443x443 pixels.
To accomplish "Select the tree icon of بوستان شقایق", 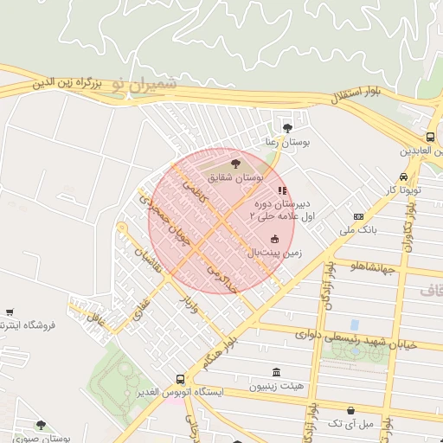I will [234, 162].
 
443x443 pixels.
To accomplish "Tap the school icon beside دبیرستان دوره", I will [279, 189].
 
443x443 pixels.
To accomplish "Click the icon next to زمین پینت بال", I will [275, 239].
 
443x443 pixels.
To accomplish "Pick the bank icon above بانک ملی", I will [358, 215].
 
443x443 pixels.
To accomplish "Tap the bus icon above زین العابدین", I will [430, 137].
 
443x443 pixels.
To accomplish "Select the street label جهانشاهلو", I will [372, 267].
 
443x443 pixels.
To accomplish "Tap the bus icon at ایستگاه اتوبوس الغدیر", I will [180, 379].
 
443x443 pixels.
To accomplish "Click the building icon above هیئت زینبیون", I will [275, 372].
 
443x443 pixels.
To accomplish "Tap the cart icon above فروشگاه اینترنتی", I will [10, 311].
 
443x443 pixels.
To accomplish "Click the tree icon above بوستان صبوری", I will [41, 425].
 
